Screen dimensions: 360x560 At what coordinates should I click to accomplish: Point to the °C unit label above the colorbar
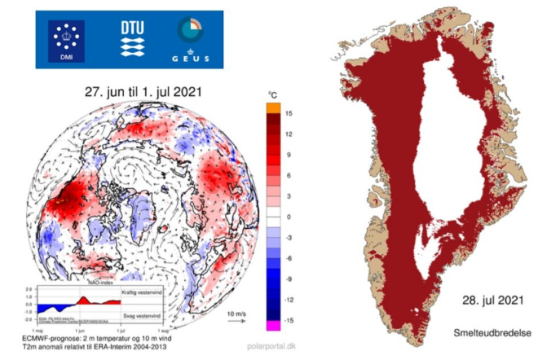coord(273,95)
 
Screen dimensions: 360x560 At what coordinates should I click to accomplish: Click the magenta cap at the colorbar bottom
coord(274,326)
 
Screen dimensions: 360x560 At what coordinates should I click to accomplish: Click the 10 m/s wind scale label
coord(237,314)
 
